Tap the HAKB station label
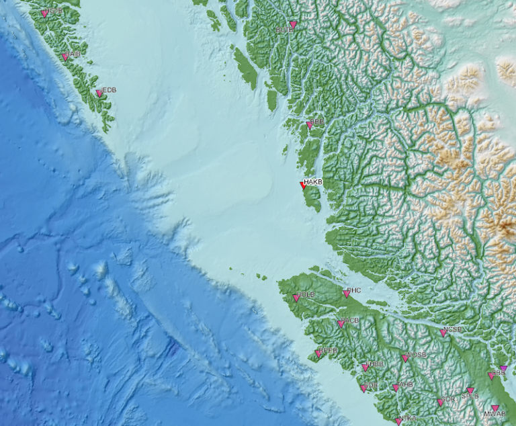pyautogui.click(x=314, y=182)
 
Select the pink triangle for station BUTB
pyautogui.click(x=293, y=25)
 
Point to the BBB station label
pyautogui.click(x=317, y=122)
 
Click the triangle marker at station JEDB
pyautogui.click(x=99, y=93)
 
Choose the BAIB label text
pyautogui.click(x=73, y=54)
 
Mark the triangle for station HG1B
pyautogui.click(x=44, y=13)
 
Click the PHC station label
pyautogui.click(x=354, y=291)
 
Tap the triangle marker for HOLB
pyautogui.click(x=296, y=298)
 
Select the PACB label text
pyautogui.click(x=351, y=321)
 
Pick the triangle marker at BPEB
pyautogui.click(x=318, y=354)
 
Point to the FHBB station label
pyautogui.click(x=375, y=364)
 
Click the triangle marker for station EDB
pyautogui.click(x=364, y=388)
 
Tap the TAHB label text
pyautogui.click(x=405, y=385)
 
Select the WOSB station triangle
pyautogui.click(x=405, y=358)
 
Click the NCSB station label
pyautogui.click(x=453, y=329)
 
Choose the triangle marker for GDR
pyautogui.click(x=441, y=402)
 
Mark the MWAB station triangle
pyautogui.click(x=495, y=409)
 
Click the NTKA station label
pyautogui.click(x=408, y=419)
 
